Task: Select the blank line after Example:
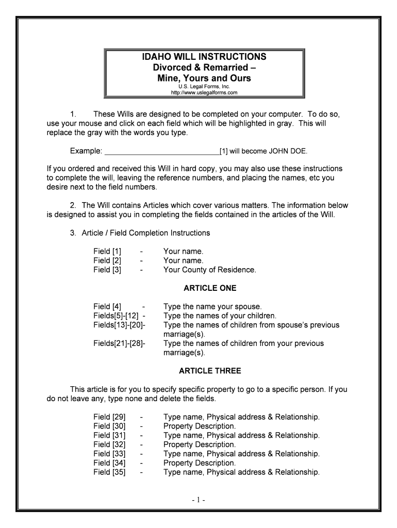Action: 161,152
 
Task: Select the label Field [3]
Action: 107,270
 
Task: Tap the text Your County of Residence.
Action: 209,270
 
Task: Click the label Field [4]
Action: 107,307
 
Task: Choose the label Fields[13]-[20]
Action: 119,325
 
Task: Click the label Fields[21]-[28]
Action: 119,343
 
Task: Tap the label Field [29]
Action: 109,417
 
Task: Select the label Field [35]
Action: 109,472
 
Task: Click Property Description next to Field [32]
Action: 200,444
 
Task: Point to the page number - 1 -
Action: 198,500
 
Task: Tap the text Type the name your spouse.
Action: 212,307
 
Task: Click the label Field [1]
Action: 107,252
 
